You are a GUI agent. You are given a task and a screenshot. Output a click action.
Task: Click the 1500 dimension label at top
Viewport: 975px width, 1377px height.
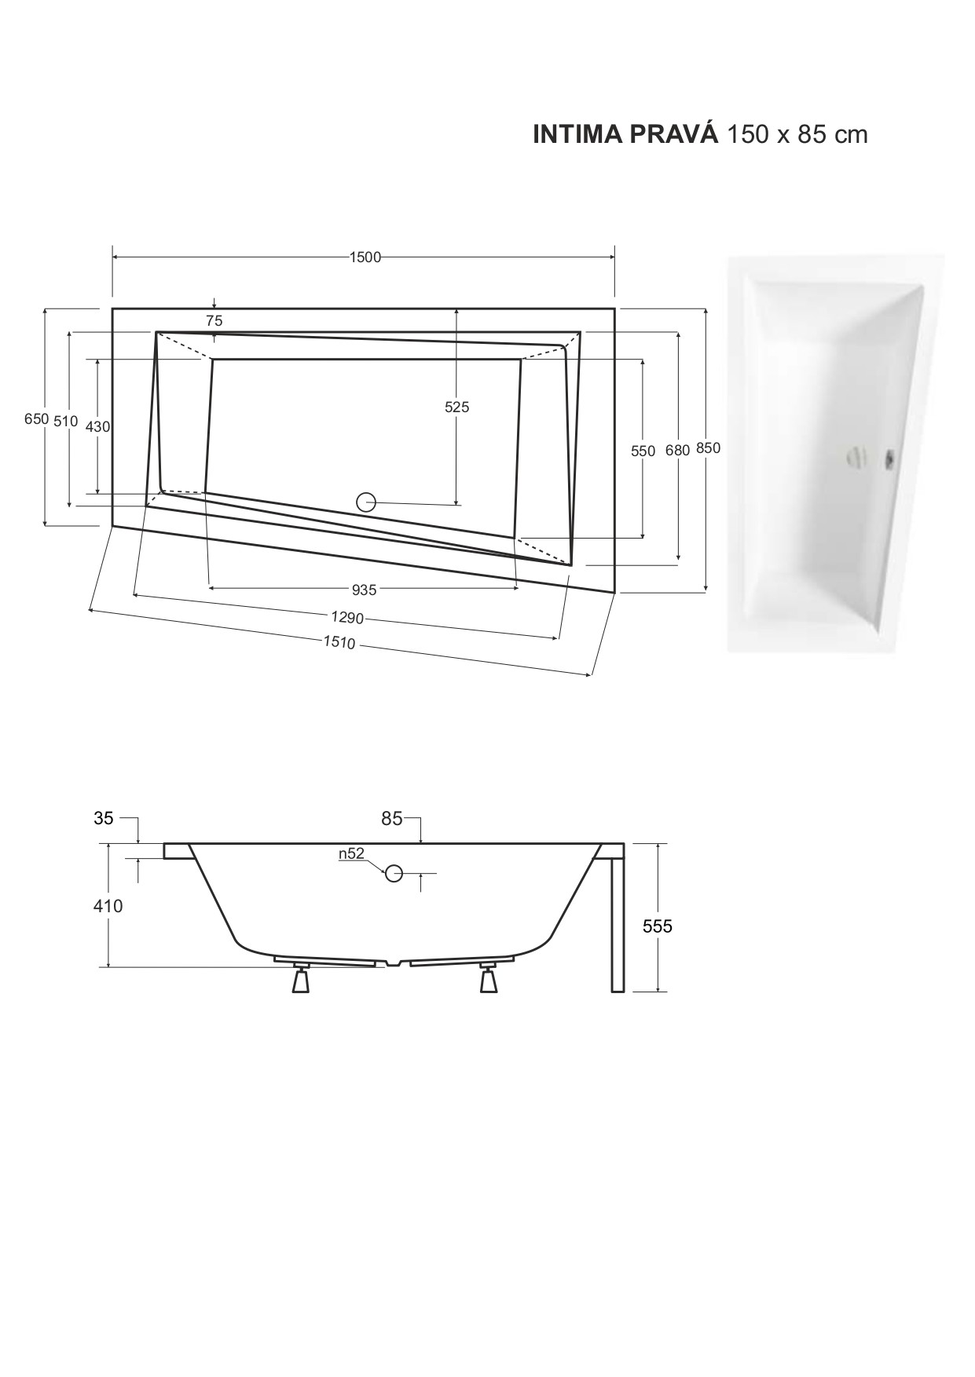click(365, 258)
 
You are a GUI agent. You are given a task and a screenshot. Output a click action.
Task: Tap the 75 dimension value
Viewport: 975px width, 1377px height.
click(214, 320)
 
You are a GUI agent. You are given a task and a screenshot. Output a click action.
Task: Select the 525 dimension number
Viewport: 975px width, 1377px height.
click(456, 407)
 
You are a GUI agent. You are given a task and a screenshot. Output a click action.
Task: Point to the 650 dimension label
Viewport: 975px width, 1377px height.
click(36, 419)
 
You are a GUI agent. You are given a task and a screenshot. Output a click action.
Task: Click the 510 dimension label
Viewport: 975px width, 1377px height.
click(66, 421)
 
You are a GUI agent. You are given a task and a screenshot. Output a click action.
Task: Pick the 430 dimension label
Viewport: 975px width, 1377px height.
click(97, 426)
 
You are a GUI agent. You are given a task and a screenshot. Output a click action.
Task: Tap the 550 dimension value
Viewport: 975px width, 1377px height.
click(643, 451)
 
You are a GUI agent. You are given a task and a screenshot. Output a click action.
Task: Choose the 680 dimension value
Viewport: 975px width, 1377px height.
click(677, 450)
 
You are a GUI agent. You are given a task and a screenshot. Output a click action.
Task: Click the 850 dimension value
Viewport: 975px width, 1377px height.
click(708, 448)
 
